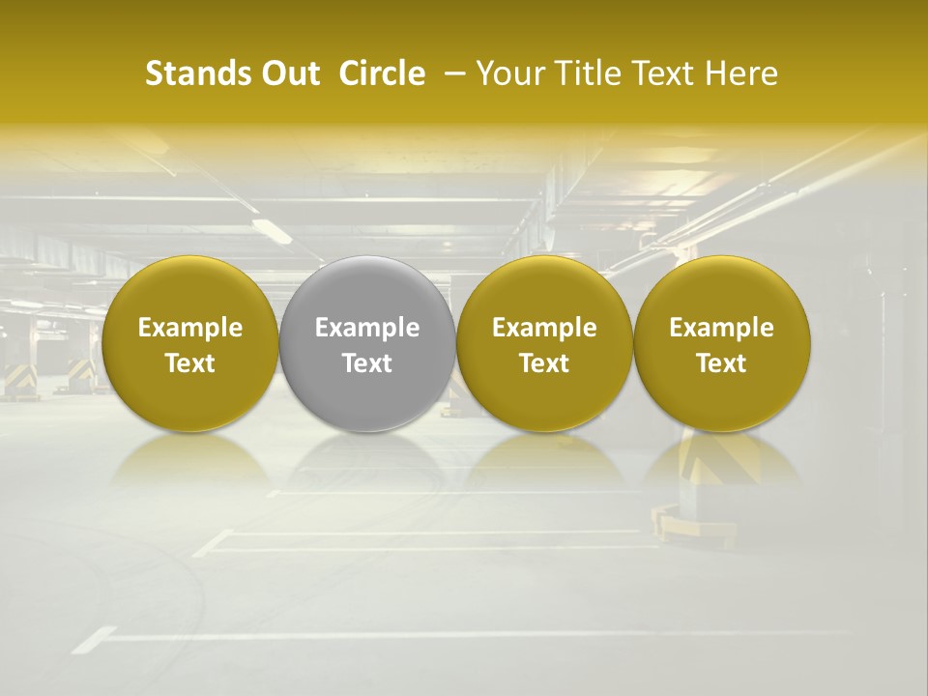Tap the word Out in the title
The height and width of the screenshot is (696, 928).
(x=287, y=73)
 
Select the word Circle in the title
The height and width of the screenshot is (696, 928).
(x=382, y=73)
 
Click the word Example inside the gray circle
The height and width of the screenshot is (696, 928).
(x=367, y=328)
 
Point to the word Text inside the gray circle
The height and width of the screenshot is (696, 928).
(x=367, y=363)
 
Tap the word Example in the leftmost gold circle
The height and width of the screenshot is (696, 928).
(x=189, y=328)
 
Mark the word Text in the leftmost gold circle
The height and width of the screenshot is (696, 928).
(x=189, y=363)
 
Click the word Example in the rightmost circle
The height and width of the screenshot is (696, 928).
(x=722, y=328)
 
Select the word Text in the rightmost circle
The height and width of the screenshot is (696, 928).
(x=722, y=363)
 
